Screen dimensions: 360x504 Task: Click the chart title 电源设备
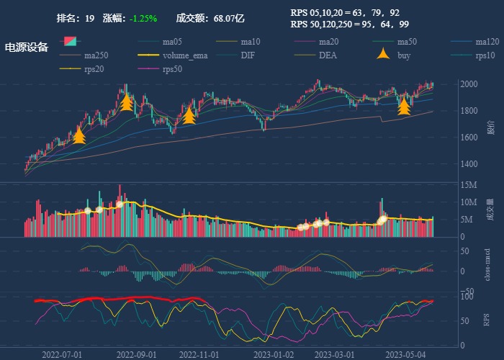(27, 48)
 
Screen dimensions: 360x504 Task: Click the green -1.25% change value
(143, 18)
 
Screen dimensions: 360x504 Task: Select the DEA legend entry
(328, 55)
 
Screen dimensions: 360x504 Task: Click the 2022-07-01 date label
(62, 354)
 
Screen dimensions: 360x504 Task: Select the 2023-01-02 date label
(274, 354)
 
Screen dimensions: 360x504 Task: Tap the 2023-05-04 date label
(406, 354)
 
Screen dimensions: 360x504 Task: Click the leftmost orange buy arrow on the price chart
(79, 135)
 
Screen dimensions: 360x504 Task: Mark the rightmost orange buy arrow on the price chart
(404, 106)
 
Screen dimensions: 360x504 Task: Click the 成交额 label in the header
(189, 18)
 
